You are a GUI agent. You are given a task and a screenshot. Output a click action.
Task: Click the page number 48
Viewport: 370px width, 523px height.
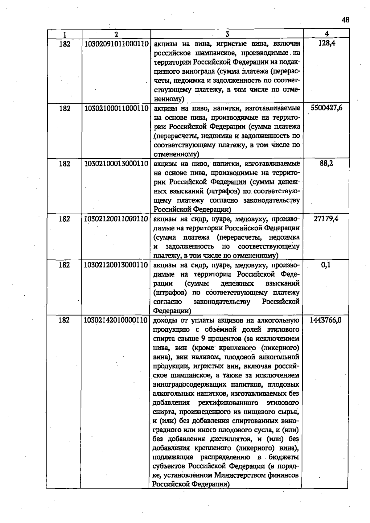pyautogui.click(x=345, y=20)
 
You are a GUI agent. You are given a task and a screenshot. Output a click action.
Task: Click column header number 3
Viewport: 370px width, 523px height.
pyautogui.click(x=227, y=34)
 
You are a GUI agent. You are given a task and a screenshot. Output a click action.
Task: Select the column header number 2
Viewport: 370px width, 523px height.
pyautogui.click(x=116, y=34)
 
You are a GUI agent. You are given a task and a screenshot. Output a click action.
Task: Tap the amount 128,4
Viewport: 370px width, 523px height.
pyautogui.click(x=327, y=43)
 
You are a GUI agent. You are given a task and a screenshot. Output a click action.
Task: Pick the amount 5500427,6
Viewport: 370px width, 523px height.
pyautogui.click(x=327, y=108)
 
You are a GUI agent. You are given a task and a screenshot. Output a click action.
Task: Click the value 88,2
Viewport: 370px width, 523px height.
pyautogui.click(x=326, y=163)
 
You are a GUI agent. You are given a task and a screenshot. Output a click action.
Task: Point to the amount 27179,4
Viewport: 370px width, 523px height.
pyautogui.click(x=326, y=219)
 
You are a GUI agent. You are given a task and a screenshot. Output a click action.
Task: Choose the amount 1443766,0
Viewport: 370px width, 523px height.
pyautogui.click(x=325, y=320)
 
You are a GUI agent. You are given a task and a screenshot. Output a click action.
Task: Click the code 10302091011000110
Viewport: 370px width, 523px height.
pyautogui.click(x=116, y=44)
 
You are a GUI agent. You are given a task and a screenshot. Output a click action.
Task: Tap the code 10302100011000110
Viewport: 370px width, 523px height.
pyautogui.click(x=116, y=109)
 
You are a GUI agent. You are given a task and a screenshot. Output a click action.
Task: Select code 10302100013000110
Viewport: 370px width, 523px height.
pyautogui.click(x=116, y=164)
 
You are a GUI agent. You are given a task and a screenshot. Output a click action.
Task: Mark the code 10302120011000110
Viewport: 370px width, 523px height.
pyautogui.click(x=116, y=219)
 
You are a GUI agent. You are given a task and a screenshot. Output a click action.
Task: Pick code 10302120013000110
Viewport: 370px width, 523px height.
pyautogui.click(x=116, y=265)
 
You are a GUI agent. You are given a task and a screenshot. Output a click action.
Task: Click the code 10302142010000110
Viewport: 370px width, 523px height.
pyautogui.click(x=115, y=320)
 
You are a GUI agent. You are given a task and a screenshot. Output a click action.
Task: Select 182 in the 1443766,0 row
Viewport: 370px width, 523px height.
pyautogui.click(x=64, y=320)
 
